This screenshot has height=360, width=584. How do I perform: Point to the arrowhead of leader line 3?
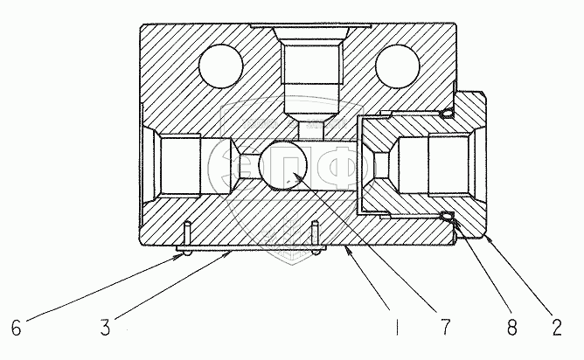point(229,254)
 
